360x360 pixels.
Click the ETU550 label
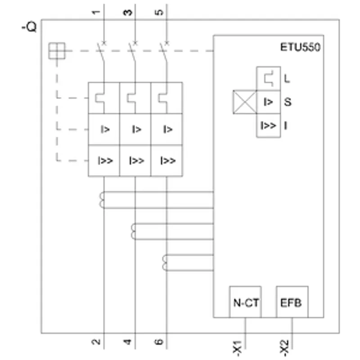pyautogui.click(x=300, y=47)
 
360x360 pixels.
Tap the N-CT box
pyautogui.click(x=245, y=302)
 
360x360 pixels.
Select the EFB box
pyautogui.click(x=292, y=302)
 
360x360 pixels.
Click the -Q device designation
pyautogui.click(x=29, y=27)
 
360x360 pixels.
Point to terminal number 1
pyautogui.click(x=96, y=12)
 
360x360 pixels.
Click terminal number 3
pyautogui.click(x=128, y=12)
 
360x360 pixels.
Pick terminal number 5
pyautogui.click(x=159, y=12)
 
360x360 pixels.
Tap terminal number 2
pyautogui.click(x=96, y=342)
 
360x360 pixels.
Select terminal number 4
pyautogui.click(x=128, y=342)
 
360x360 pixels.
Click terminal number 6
pyautogui.click(x=159, y=342)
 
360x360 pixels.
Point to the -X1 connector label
pyautogui.click(x=238, y=348)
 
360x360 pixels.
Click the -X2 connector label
pyautogui.click(x=284, y=348)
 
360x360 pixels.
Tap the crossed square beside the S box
pyautogui.click(x=245, y=102)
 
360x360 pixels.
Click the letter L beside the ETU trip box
pyautogui.click(x=287, y=79)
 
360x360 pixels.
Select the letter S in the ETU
pyautogui.click(x=288, y=102)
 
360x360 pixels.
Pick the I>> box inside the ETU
pyautogui.click(x=268, y=126)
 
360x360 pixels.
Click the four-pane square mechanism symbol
pyautogui.click(x=57, y=51)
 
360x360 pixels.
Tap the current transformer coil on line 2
pyautogui.click(x=102, y=200)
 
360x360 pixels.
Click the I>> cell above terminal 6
pyautogui.click(x=167, y=161)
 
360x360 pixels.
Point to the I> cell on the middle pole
pyautogui.click(x=135, y=129)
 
